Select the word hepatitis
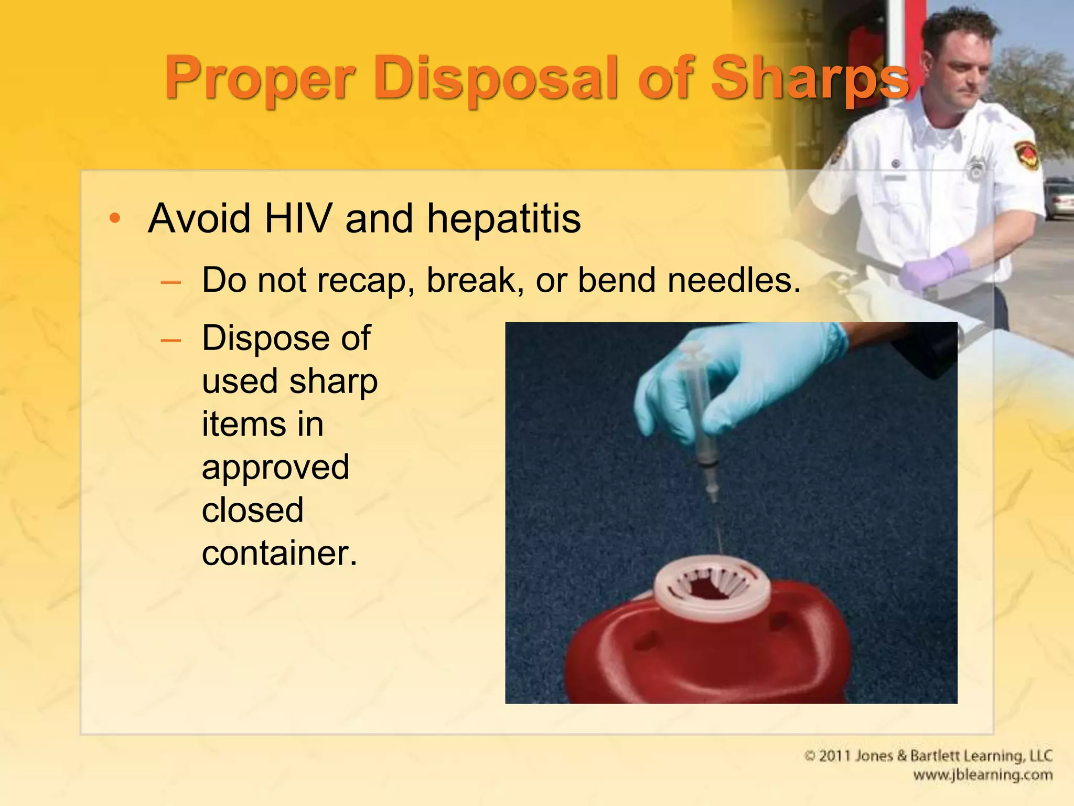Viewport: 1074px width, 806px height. [503, 218]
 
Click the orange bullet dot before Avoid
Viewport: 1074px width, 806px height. [115, 218]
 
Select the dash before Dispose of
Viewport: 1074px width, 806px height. [171, 341]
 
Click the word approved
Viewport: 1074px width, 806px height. [275, 468]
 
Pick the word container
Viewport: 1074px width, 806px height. [279, 553]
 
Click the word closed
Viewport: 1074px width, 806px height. [252, 510]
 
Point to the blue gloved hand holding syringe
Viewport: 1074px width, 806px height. [755, 378]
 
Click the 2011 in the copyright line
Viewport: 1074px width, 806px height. [834, 756]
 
